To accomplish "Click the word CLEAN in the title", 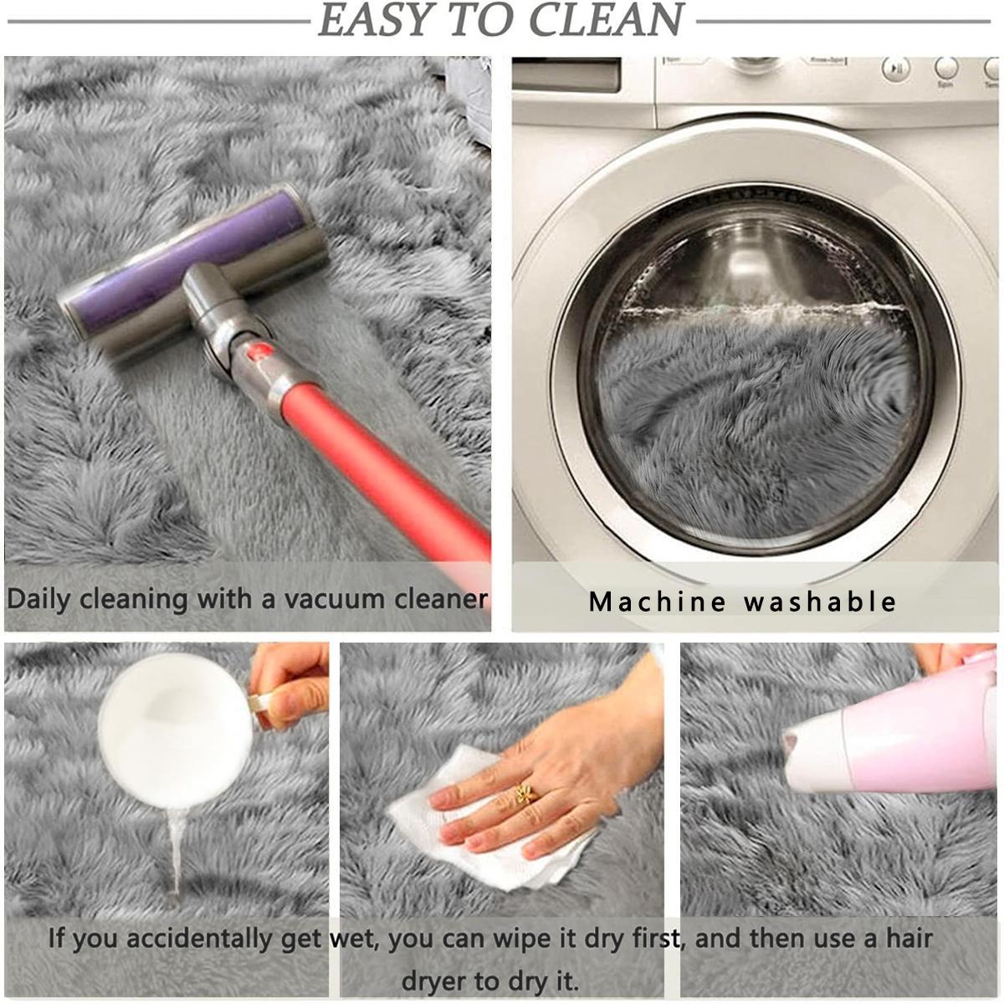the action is [605, 20].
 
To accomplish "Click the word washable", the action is [820, 602].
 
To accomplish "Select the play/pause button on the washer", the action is [896, 69].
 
